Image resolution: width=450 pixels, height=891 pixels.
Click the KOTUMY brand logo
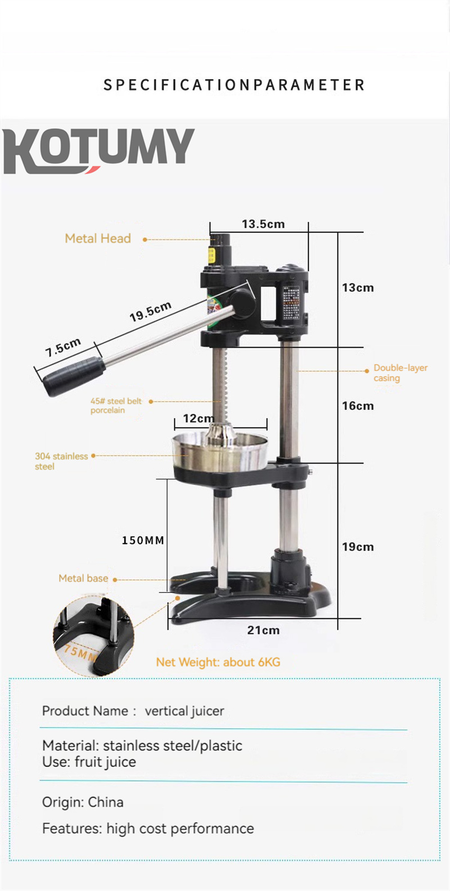99,150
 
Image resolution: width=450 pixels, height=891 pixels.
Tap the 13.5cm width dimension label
263,224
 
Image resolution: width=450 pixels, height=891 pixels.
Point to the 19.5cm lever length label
150,312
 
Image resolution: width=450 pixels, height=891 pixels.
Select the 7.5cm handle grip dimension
63,347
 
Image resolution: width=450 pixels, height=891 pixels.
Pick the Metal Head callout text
98,238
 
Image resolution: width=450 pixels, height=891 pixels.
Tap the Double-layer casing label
400,372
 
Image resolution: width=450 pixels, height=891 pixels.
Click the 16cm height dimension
358,406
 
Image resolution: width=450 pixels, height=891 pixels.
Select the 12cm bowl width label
198,418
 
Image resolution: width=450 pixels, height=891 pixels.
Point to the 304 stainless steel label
61,461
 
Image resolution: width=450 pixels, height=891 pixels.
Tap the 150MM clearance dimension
143,540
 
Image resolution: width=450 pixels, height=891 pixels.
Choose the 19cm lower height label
358,547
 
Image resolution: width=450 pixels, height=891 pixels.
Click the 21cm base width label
263,630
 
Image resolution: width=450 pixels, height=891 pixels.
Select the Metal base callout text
83,578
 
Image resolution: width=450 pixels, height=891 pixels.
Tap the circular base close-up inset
94,636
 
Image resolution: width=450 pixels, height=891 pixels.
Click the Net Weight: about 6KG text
218,662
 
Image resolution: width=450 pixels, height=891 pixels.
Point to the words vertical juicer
184,711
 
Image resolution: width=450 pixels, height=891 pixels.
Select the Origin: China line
83,802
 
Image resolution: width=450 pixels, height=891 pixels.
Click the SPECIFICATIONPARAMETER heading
234,85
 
